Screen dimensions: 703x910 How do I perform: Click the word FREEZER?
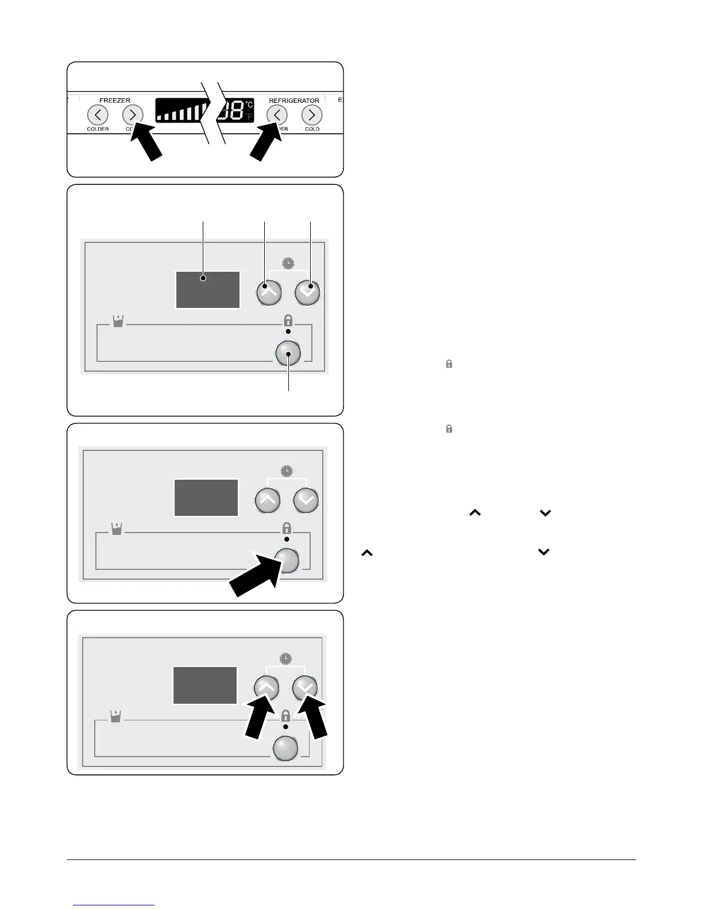[x=115, y=100]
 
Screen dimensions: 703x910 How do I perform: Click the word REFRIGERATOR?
[x=294, y=100]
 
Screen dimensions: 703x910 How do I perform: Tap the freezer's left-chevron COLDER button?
[x=98, y=115]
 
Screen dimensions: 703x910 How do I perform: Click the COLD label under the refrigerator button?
[x=312, y=129]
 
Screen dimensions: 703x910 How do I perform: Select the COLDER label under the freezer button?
[x=98, y=129]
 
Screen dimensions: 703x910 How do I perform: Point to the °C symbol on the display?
[x=249, y=105]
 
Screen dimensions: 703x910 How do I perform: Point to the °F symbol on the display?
[x=249, y=117]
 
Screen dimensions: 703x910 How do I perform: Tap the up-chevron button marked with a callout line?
[x=268, y=292]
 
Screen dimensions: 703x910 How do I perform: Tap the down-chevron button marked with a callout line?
[x=308, y=292]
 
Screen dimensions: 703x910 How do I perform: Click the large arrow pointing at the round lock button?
[x=253, y=581]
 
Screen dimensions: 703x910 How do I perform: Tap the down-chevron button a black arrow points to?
[x=306, y=687]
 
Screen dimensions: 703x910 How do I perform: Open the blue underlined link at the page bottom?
[x=114, y=905]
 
